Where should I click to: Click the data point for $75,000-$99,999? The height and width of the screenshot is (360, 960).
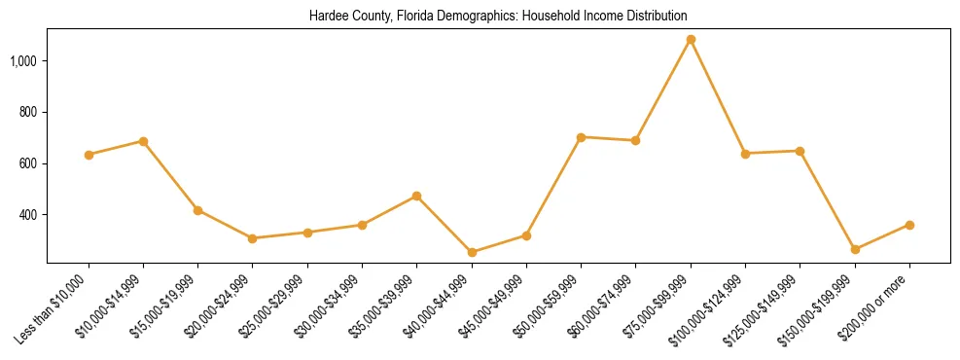coord(691,40)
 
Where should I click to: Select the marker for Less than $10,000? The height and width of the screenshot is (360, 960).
coord(89,155)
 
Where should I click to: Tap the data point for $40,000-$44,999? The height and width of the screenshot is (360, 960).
coord(472,252)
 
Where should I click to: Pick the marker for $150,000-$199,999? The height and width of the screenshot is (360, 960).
coord(855,249)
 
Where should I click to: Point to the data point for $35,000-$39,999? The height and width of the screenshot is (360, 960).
coord(417,196)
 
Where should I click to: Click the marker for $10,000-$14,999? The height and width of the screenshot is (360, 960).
coord(143,141)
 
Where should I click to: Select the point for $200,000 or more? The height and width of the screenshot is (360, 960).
coord(909,225)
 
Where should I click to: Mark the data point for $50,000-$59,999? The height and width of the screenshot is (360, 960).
coord(581,137)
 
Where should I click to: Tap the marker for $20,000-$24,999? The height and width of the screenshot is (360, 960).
coord(252,238)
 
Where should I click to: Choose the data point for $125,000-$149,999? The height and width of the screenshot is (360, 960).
coord(800,151)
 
